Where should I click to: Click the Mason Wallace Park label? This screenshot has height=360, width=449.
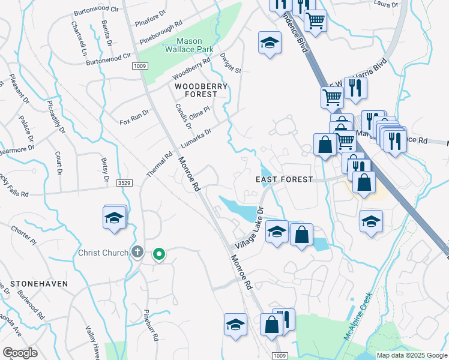187,46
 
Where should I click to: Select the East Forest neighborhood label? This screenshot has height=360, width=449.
284,179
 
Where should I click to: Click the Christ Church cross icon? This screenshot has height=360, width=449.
137,252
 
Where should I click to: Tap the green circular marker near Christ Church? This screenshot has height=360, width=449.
158,255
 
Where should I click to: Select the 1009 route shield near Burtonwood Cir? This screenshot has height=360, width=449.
140,66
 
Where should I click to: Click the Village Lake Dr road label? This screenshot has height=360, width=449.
250,229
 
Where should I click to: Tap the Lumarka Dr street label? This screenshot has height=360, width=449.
196,139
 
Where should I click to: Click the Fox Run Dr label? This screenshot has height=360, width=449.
134,113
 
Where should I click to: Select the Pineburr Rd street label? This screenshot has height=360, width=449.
150,326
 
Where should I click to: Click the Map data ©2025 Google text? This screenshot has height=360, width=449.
412,355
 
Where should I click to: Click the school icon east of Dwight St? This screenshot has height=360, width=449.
270,43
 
